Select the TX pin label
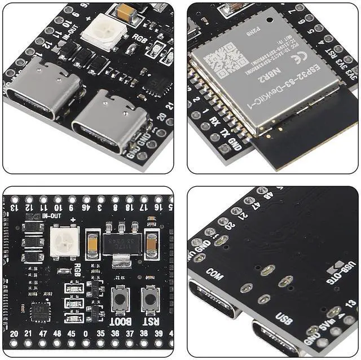pos(224,134)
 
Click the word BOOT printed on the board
pos(121,322)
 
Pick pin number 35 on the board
pos(99,333)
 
